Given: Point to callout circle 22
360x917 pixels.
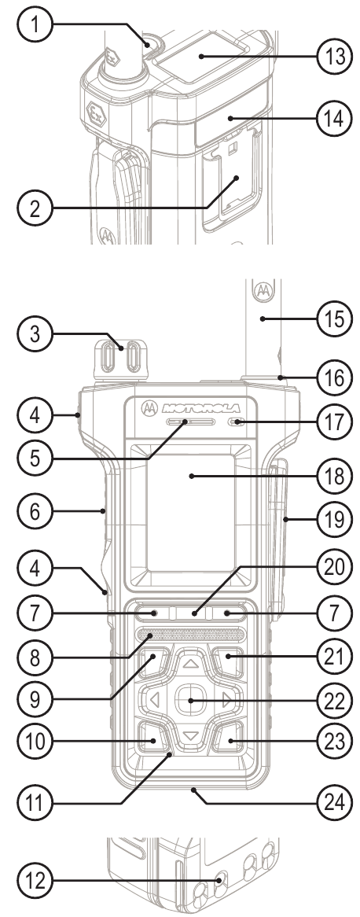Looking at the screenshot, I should (335, 702).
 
